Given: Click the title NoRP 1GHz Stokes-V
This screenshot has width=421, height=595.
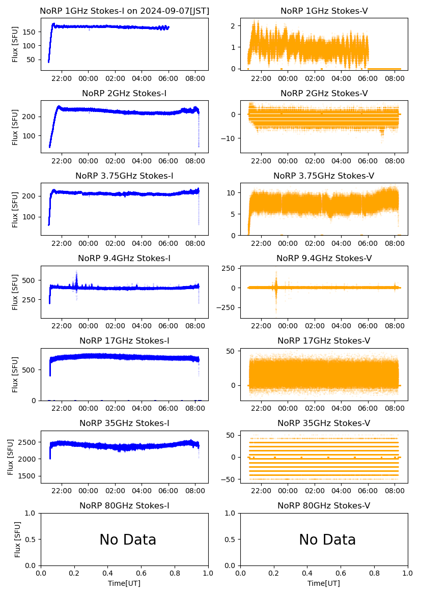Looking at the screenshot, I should pyautogui.click(x=324, y=11).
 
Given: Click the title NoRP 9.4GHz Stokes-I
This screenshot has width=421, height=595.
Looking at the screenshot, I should pyautogui.click(x=124, y=258).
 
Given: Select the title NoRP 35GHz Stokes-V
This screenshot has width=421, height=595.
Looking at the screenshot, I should pyautogui.click(x=324, y=423).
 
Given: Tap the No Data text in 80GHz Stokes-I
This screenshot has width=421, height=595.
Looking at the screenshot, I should pyautogui.click(x=128, y=540).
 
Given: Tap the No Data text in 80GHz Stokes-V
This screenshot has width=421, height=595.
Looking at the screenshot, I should pyautogui.click(x=327, y=540).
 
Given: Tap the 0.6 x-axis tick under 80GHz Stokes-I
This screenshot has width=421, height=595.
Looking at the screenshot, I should pyautogui.click(x=142, y=574).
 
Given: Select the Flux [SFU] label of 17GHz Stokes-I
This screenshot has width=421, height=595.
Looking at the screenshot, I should pyautogui.click(x=15, y=375).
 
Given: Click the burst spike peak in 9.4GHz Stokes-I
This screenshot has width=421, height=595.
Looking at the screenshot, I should pyautogui.click(x=76, y=271).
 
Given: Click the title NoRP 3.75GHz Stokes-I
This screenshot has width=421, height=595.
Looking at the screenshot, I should pyautogui.click(x=124, y=176).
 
